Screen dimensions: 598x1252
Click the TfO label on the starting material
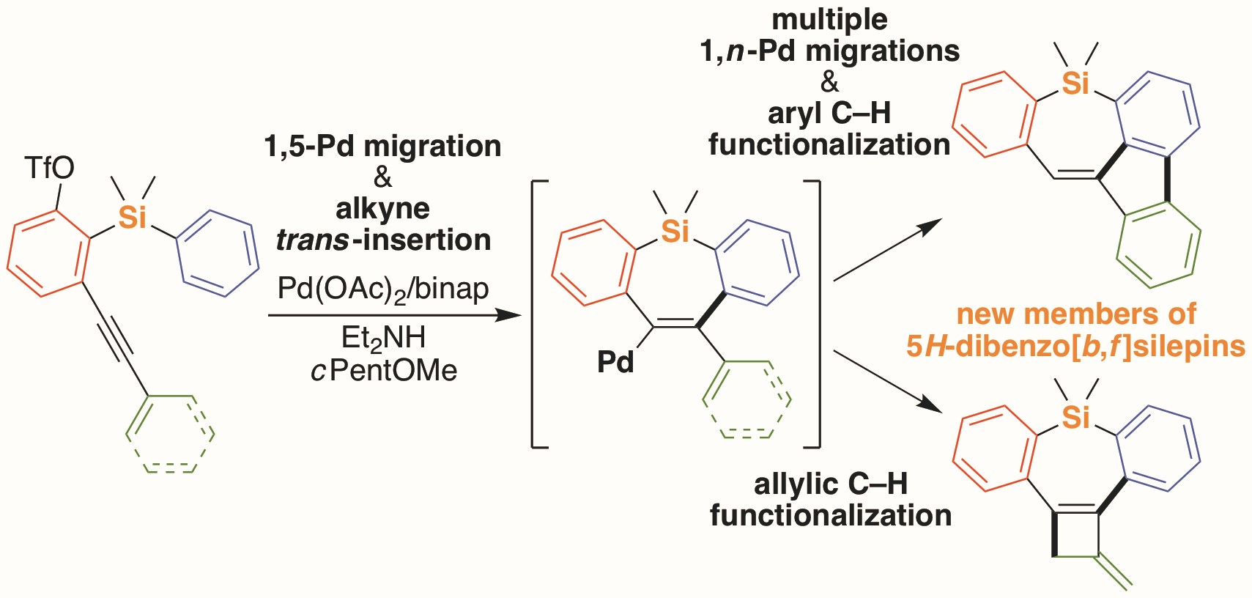click(x=50, y=169)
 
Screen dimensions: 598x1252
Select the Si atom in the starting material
click(x=133, y=218)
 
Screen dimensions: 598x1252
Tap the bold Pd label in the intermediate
click(x=615, y=362)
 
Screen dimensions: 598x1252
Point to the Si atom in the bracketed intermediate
click(x=675, y=232)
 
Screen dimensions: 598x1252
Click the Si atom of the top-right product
click(x=1075, y=84)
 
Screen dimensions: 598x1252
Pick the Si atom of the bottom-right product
click(x=1075, y=418)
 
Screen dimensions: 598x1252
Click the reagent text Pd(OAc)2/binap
click(x=383, y=289)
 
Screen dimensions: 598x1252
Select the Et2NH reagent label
click(x=383, y=337)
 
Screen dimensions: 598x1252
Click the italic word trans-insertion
click(x=383, y=240)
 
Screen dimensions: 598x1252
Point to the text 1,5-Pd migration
click(x=383, y=147)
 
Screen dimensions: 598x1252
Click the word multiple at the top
click(x=829, y=20)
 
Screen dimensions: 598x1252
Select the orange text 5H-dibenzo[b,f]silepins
click(x=1075, y=346)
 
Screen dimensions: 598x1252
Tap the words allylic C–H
click(x=831, y=484)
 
